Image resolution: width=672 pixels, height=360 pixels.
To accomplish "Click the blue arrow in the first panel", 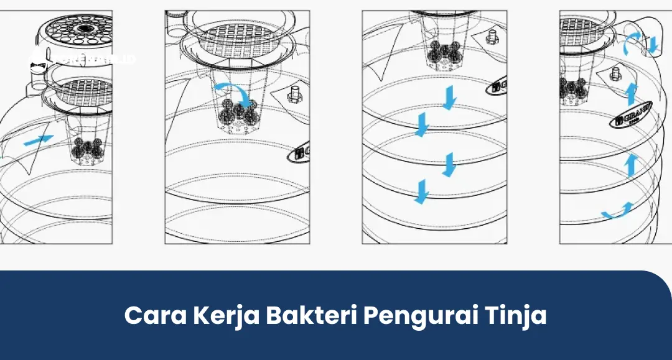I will (x=38, y=141).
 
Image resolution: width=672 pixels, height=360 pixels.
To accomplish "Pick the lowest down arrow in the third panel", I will (x=422, y=191).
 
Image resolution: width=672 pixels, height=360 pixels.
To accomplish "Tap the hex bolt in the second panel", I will (x=294, y=95).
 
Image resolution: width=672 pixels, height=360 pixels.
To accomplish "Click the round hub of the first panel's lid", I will (x=82, y=28).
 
